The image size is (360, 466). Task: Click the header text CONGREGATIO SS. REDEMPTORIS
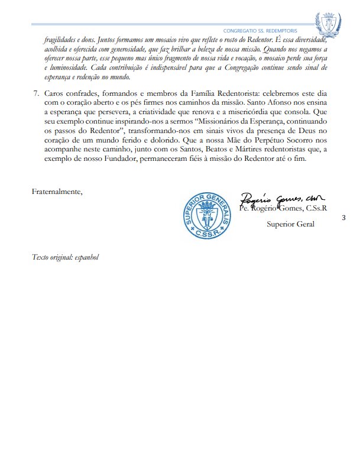[x=260, y=30]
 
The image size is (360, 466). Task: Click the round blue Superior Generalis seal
[x=209, y=215]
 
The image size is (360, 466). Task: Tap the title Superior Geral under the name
[x=290, y=224]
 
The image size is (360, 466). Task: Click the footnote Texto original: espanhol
[x=65, y=257]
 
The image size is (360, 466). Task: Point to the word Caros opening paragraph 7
[x=54, y=94]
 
